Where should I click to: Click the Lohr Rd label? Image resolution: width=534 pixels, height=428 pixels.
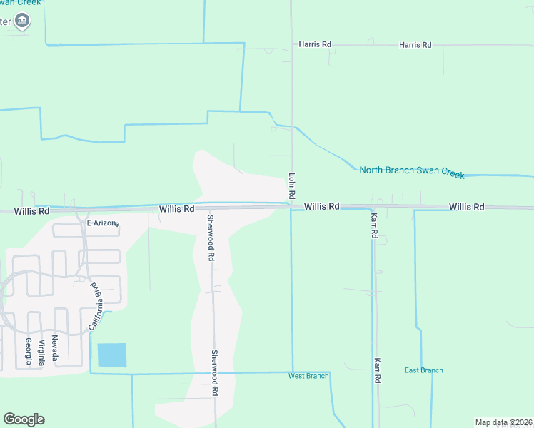292,185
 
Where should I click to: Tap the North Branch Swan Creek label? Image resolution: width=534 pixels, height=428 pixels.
412,172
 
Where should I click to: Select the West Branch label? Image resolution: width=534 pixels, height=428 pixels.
308,376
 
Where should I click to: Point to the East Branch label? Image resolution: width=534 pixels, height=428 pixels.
423,370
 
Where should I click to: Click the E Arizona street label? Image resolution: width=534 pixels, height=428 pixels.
102,223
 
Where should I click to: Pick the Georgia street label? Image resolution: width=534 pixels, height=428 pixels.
29,351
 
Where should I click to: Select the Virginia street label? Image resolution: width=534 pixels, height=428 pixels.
42,352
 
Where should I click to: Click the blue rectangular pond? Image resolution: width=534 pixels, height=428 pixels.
111,355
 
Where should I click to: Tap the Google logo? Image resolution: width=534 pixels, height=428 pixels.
24,419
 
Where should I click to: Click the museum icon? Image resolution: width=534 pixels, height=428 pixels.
23,21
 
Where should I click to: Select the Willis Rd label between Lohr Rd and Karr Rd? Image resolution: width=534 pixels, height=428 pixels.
321,206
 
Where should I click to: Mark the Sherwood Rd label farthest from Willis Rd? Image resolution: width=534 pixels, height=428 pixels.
213,373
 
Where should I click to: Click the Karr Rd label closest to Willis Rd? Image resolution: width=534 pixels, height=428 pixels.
373,225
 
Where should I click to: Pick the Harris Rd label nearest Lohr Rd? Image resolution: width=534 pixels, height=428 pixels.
316,44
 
